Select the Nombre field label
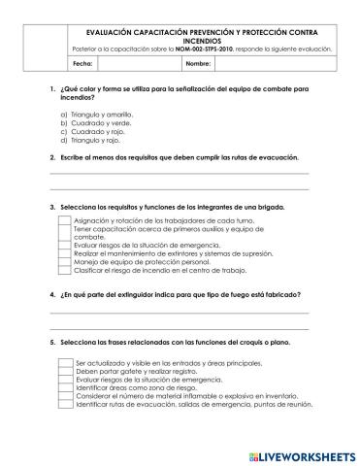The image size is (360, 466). (x=198, y=63)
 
